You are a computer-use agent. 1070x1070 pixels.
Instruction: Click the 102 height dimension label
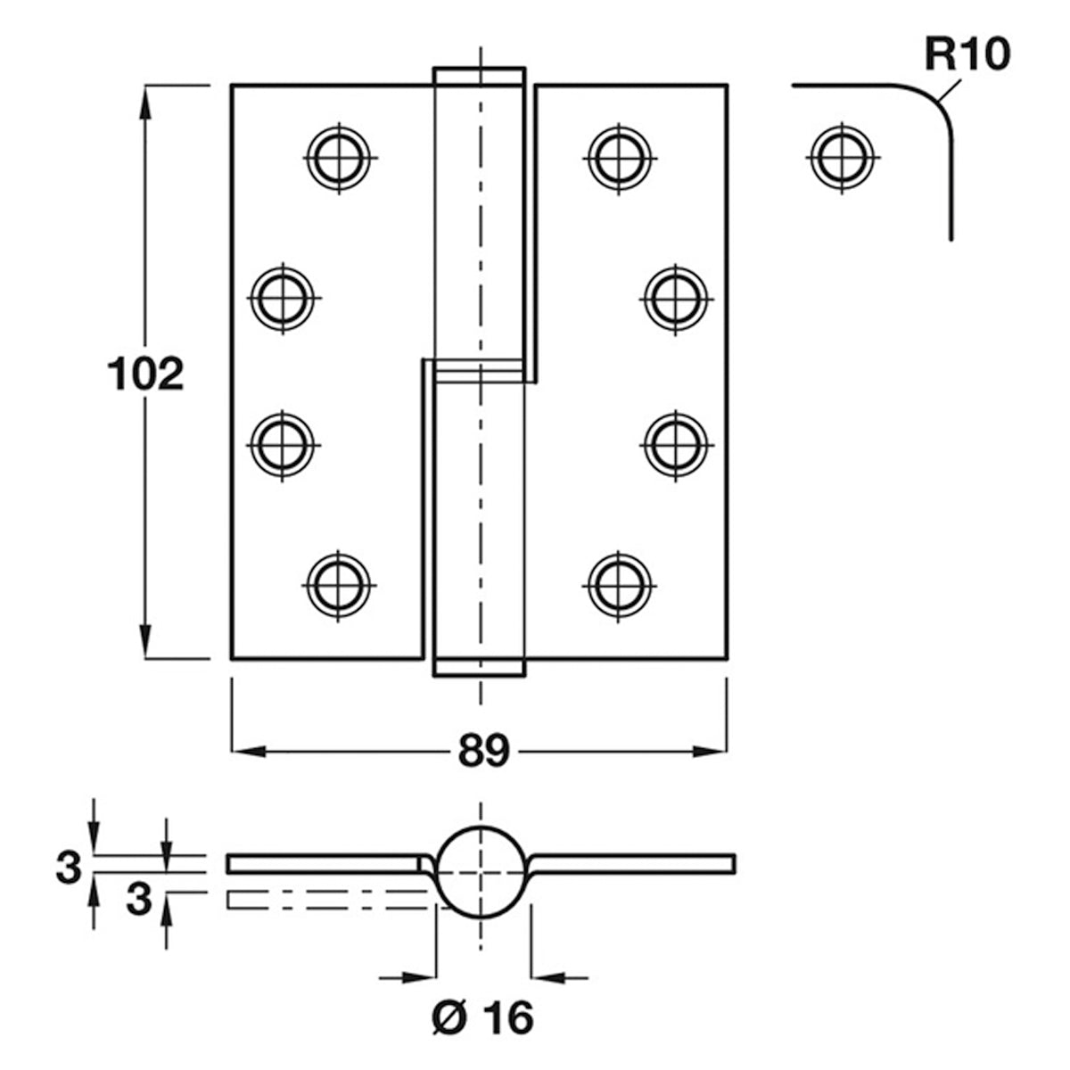[x=145, y=374]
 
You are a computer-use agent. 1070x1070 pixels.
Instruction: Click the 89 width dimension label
[x=483, y=752]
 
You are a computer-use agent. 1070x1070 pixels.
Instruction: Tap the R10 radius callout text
[x=967, y=55]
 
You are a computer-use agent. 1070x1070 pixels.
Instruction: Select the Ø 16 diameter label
[x=482, y=1017]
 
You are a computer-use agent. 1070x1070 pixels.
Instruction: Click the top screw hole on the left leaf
[x=339, y=158]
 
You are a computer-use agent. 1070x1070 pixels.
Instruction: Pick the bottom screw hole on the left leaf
[x=339, y=586]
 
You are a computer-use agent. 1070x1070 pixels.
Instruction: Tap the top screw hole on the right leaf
[x=620, y=158]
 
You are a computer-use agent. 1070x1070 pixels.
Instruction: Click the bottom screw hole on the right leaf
[x=619, y=586]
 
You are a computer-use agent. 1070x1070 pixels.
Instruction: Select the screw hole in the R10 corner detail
[x=843, y=158]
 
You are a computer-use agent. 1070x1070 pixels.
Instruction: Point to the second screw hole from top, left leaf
[x=284, y=299]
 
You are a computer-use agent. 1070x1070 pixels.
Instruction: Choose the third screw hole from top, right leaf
[x=676, y=445]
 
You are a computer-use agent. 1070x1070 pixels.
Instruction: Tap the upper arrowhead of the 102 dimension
[x=145, y=103]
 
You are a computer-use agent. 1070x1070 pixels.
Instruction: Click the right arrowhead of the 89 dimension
[x=710, y=752]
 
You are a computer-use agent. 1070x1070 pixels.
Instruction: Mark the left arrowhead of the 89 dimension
[x=249, y=752]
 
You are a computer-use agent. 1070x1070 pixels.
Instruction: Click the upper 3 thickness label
[x=69, y=868]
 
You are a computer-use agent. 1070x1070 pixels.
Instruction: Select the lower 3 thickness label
[x=139, y=900]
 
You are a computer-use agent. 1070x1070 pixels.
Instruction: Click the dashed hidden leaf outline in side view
[x=327, y=900]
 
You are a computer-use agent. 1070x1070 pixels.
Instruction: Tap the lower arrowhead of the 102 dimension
[x=145, y=642]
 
